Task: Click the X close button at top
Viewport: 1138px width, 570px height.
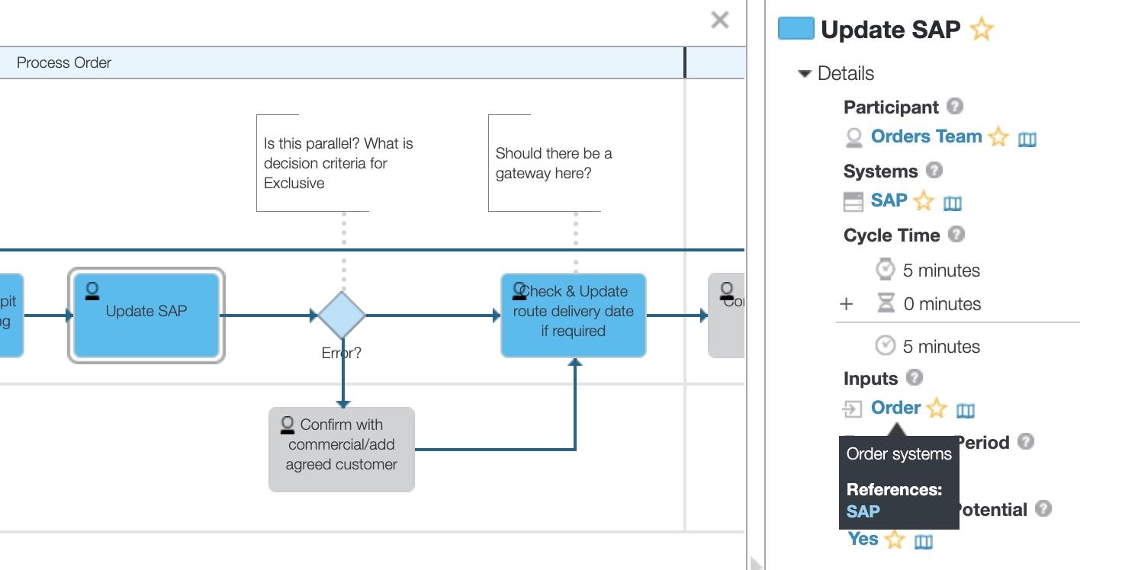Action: (719, 20)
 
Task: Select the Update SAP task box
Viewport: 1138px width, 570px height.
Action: (146, 315)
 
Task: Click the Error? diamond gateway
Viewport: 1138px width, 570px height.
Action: (342, 315)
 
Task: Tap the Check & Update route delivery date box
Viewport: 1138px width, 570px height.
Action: (574, 315)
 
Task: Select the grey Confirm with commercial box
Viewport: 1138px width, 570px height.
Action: (342, 449)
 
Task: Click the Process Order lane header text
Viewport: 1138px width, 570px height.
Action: (64, 62)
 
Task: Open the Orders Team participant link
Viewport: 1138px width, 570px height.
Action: (926, 136)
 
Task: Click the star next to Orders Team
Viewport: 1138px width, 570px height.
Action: (998, 137)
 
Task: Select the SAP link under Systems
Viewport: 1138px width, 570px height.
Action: (889, 200)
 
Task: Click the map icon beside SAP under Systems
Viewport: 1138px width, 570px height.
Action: (953, 203)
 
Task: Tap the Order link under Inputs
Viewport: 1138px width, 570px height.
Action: (895, 408)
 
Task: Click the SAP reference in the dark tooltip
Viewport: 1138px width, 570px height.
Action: (863, 511)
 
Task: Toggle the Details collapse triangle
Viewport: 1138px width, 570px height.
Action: (804, 74)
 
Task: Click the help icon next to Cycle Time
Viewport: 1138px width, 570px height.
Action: (956, 235)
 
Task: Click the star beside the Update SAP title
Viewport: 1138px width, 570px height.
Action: (981, 30)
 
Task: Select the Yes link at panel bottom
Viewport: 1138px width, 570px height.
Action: (863, 539)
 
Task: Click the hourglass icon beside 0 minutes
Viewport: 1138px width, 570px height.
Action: (885, 303)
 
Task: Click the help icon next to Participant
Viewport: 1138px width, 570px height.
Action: (954, 107)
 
